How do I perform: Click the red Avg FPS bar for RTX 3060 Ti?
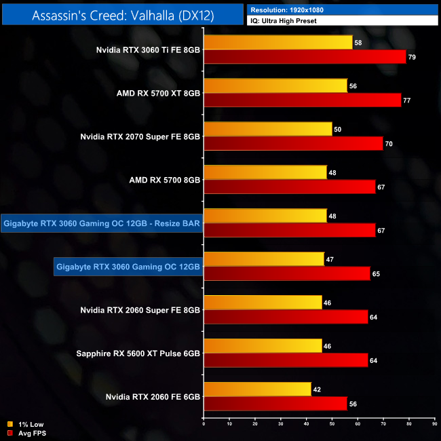[305, 56]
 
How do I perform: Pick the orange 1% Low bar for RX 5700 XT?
[275, 86]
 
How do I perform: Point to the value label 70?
[389, 144]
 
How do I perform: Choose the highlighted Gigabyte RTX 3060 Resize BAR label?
[102, 223]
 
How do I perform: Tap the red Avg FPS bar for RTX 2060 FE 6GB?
[275, 404]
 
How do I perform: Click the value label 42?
[317, 389]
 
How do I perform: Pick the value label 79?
[412, 57]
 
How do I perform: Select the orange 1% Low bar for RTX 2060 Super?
[263, 303]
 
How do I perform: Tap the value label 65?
[376, 273]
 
